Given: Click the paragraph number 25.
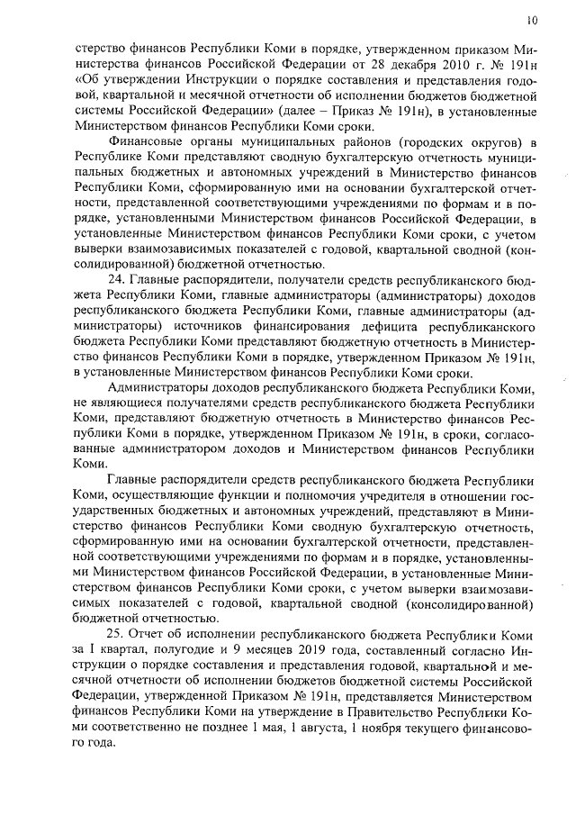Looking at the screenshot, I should tap(115, 632).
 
